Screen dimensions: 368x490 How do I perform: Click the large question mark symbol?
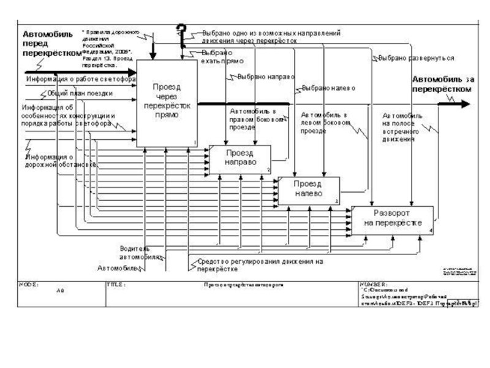click(181, 34)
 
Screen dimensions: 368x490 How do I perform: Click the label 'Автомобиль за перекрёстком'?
click(442, 84)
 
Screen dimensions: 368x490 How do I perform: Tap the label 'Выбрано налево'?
click(330, 88)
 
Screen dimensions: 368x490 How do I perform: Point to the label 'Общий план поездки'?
click(80, 94)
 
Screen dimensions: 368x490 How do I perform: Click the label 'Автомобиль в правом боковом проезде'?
click(257, 120)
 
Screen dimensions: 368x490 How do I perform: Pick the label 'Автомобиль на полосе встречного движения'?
click(404, 126)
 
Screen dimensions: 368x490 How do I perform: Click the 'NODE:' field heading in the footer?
click(29, 285)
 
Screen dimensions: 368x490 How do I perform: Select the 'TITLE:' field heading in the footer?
click(116, 285)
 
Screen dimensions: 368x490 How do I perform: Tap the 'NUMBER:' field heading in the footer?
click(374, 285)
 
